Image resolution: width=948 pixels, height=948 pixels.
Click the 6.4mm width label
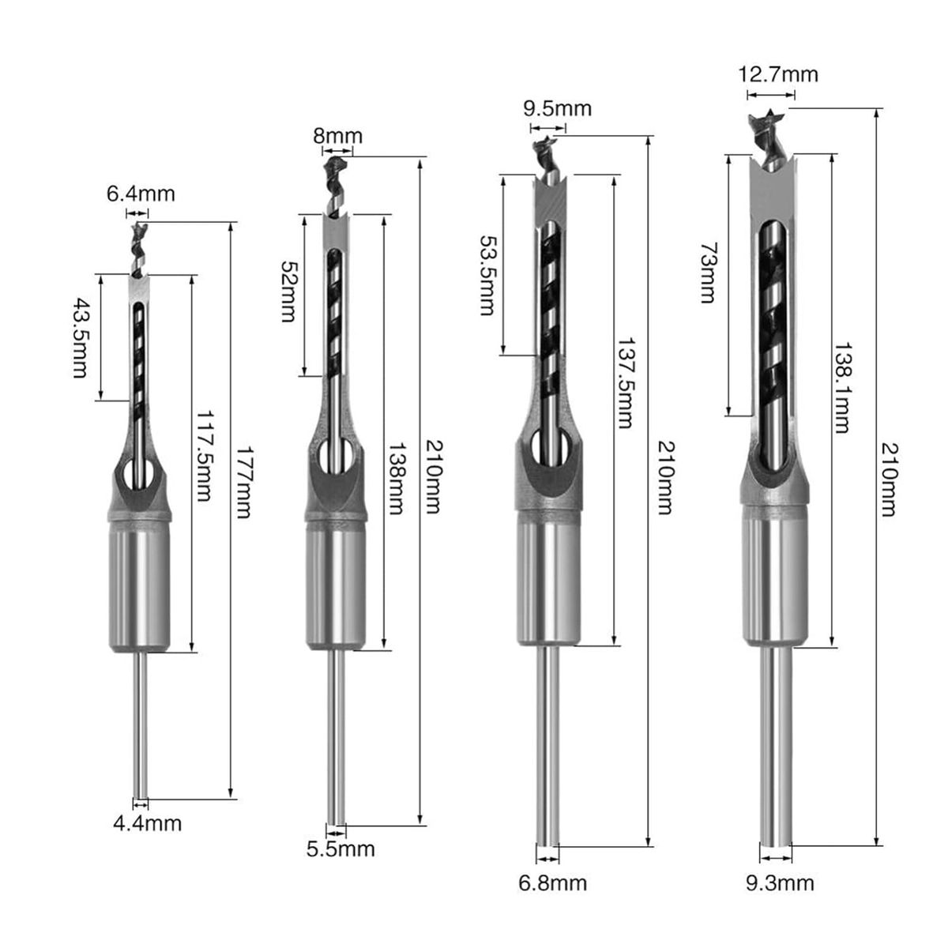(141, 193)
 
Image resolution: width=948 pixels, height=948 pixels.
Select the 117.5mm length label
(205, 456)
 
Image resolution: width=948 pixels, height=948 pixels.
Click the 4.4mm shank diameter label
(147, 823)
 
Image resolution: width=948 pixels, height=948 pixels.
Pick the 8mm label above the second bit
(338, 136)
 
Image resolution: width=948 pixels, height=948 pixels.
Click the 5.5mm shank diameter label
(340, 849)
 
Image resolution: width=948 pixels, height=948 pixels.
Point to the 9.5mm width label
(557, 107)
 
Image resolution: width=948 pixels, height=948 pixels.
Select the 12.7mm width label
(778, 75)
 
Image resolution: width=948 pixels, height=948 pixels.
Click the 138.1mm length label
(842, 387)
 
